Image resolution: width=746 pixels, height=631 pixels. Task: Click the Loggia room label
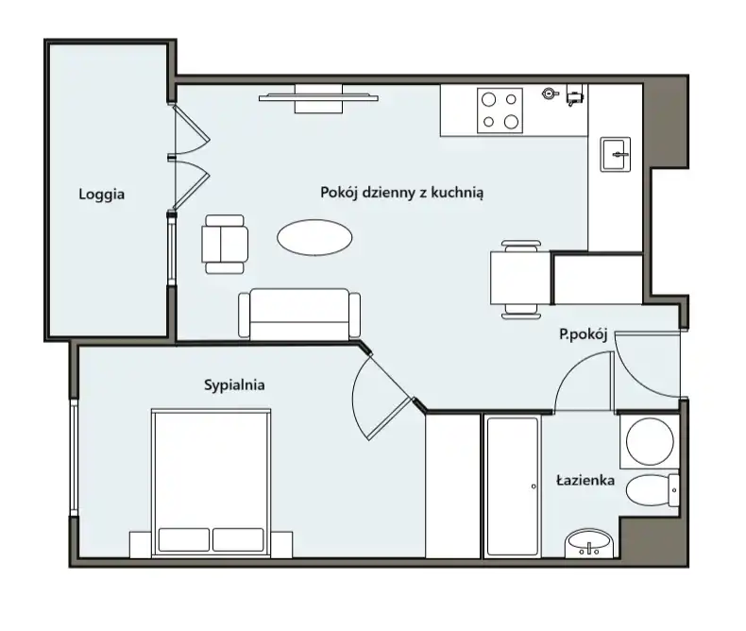tap(102, 195)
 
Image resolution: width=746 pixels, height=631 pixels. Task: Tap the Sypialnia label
tap(234, 385)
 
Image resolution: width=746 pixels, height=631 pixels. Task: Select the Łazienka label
tap(585, 480)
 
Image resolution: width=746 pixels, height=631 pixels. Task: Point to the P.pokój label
tap(584, 334)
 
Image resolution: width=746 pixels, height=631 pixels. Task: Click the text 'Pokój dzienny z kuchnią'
tap(402, 193)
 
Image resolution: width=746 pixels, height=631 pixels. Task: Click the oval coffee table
tap(314, 237)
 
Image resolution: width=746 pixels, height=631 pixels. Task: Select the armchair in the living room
tap(225, 244)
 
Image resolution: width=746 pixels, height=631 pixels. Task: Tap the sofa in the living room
tap(299, 314)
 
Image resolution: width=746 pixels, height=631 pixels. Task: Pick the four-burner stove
tap(500, 111)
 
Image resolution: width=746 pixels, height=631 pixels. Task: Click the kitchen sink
tap(615, 154)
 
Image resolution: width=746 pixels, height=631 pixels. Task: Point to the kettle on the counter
tap(551, 93)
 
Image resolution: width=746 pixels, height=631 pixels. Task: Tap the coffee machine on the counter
tap(575, 95)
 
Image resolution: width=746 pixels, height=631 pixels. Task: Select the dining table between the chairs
tap(521, 278)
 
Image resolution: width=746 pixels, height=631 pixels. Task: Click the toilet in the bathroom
tap(652, 490)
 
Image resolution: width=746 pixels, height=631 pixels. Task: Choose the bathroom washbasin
tap(589, 543)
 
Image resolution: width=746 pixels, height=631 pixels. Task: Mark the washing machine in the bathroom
tap(650, 441)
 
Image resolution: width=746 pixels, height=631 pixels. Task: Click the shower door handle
tap(534, 486)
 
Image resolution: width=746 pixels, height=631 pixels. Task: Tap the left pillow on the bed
tap(183, 539)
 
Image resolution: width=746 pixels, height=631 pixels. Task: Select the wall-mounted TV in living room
tap(318, 98)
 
